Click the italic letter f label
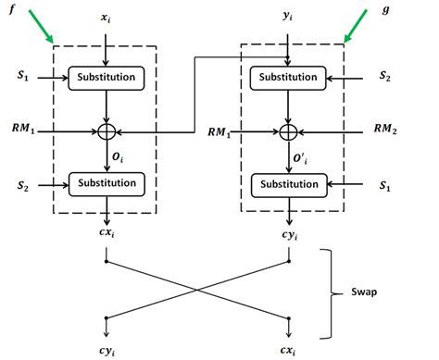pos(11,15)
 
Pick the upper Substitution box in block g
pos(292,80)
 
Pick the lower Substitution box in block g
pos(292,183)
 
